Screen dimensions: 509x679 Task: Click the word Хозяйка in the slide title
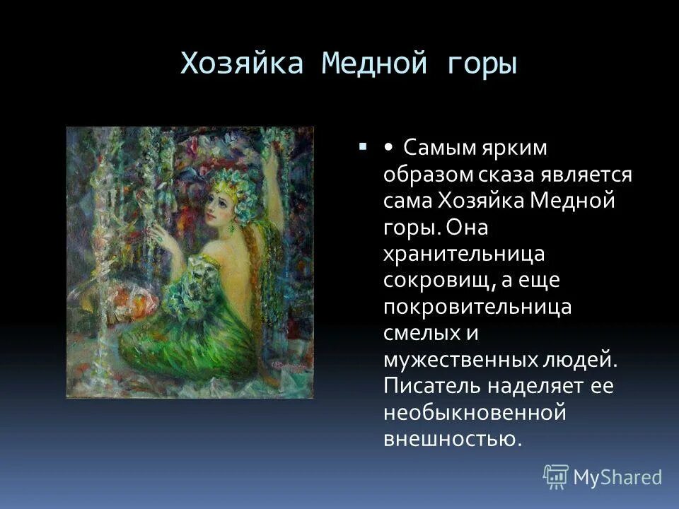point(243,65)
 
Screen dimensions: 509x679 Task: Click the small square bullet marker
point(362,147)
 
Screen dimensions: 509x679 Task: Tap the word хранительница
point(464,254)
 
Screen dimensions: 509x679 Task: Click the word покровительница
point(477,307)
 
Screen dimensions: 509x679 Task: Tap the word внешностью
point(452,438)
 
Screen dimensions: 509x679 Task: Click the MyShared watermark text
point(617,477)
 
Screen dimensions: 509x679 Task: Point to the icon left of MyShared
point(556,477)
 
